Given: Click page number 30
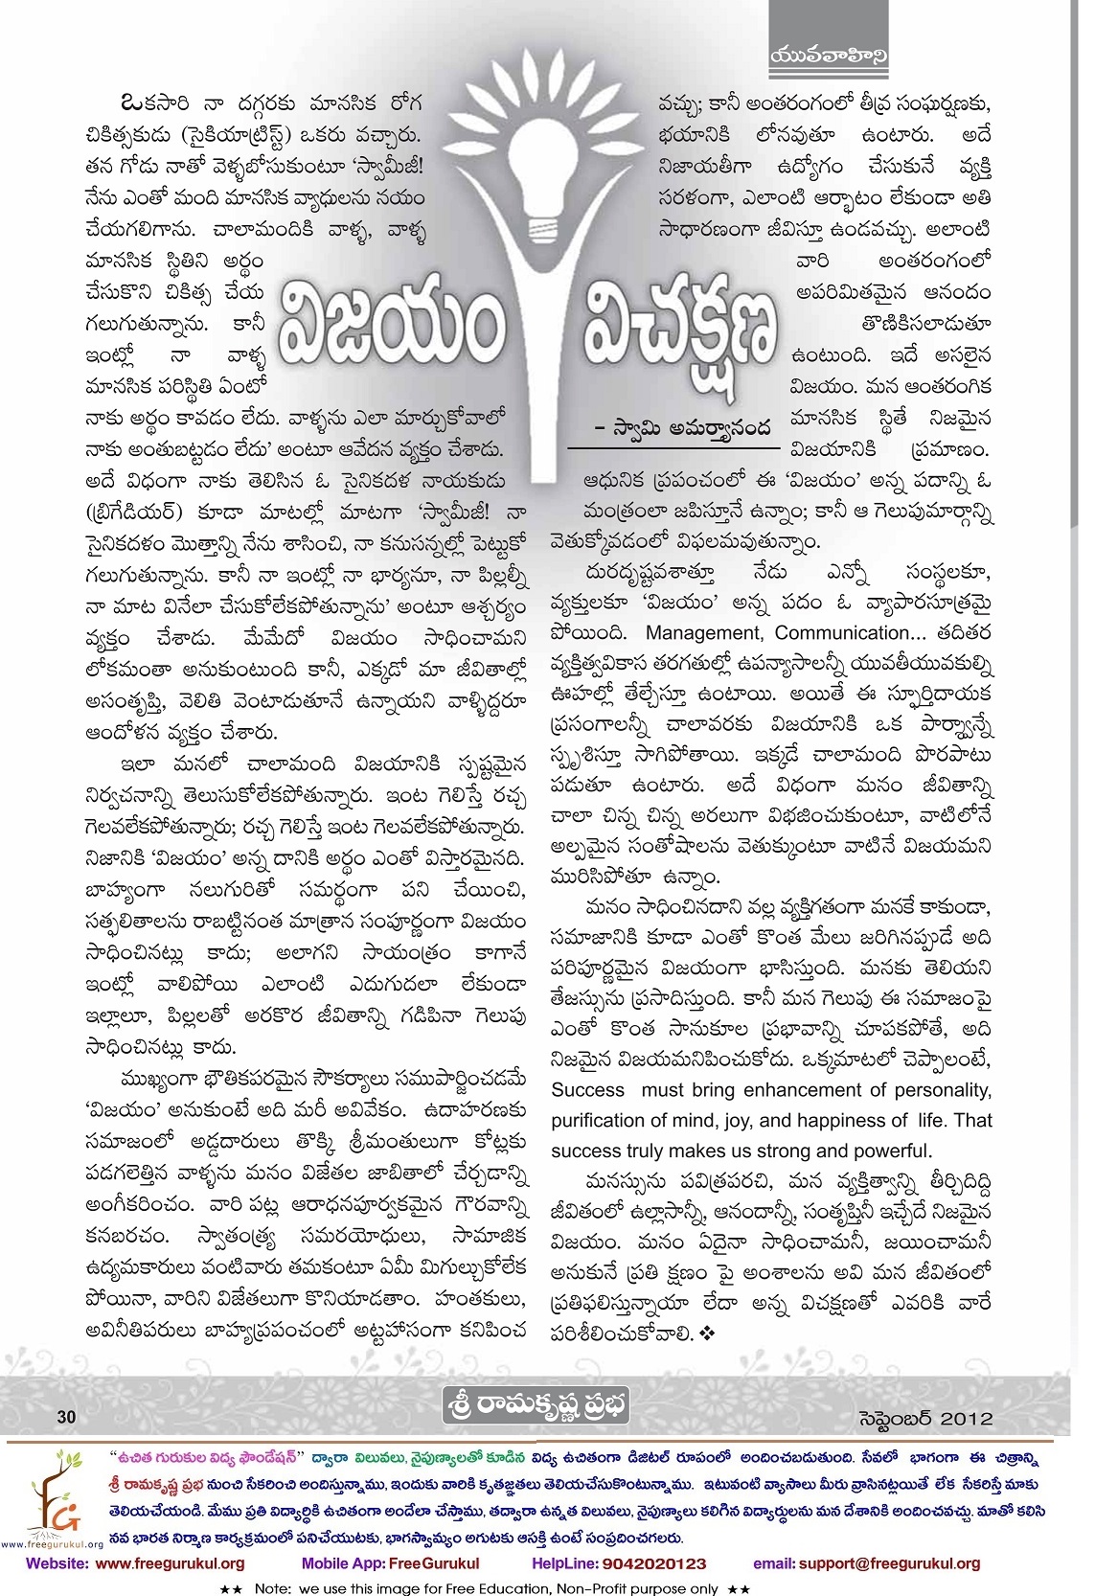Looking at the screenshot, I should tap(66, 1417).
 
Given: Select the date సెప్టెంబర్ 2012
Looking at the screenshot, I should tap(923, 1418).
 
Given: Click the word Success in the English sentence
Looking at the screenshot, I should tap(587, 1090).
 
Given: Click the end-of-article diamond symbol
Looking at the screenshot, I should tap(709, 1334).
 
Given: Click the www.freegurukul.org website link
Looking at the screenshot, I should tap(170, 1563).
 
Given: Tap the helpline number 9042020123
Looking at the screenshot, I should tap(652, 1563).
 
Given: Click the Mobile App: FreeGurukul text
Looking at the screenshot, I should tap(390, 1563).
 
